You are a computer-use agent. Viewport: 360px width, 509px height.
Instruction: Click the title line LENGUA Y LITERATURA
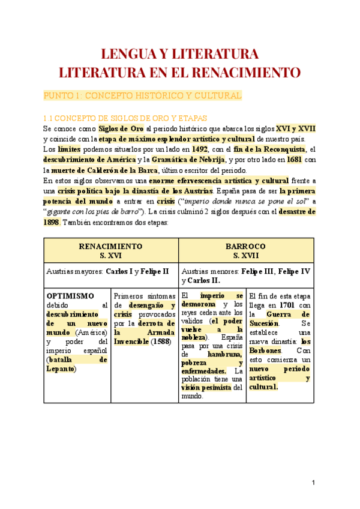pyautogui.click(x=180, y=54)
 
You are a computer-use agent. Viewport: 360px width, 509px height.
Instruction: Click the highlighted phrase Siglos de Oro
pyautogui.click(x=121, y=128)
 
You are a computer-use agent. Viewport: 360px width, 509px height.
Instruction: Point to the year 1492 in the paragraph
pyautogui.click(x=200, y=149)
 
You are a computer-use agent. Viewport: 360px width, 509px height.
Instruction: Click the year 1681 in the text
pyautogui.click(x=293, y=159)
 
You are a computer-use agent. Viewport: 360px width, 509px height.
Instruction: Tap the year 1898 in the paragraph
pyautogui.click(x=52, y=221)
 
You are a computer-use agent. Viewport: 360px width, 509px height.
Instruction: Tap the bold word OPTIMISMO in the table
pyautogui.click(x=70, y=296)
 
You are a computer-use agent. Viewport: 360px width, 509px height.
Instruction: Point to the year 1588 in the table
pyautogui.click(x=161, y=342)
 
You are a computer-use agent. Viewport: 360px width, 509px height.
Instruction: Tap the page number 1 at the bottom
pyautogui.click(x=313, y=484)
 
